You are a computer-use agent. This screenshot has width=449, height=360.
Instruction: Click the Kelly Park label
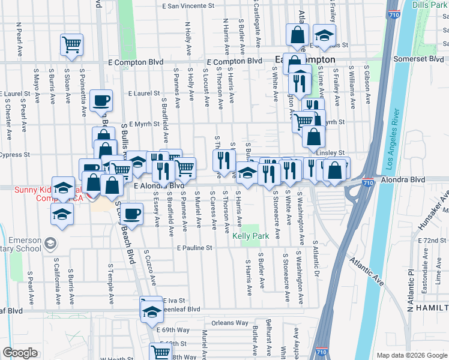point(251,236)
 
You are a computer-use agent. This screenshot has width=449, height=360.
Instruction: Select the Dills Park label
point(429,4)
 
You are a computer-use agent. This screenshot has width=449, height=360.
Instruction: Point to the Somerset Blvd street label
point(418,59)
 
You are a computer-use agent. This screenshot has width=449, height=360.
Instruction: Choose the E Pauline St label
point(194,248)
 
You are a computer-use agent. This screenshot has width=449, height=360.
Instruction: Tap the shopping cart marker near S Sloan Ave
point(71,44)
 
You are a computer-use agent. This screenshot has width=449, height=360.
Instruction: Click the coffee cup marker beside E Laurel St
point(101,100)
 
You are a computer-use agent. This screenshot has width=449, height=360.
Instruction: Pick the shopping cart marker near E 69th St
point(161,352)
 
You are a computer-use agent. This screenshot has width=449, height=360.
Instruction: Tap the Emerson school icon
point(50,243)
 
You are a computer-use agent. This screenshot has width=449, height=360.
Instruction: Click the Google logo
point(20,353)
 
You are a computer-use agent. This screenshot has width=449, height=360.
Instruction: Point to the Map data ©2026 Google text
point(411,355)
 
